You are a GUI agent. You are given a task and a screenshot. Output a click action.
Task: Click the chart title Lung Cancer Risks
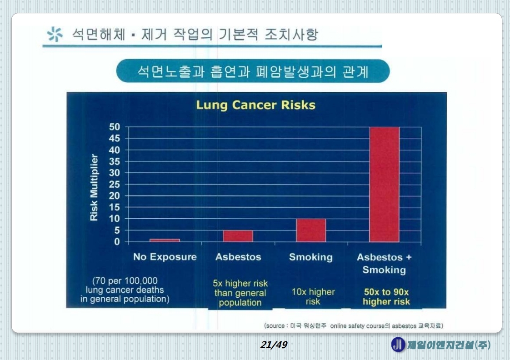255,105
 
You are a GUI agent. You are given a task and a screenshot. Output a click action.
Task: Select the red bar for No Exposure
165,240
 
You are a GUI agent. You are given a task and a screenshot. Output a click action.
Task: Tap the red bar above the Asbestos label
238,236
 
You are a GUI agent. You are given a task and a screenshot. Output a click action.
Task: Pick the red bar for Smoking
311,230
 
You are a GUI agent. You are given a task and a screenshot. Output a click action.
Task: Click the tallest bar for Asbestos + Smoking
384,184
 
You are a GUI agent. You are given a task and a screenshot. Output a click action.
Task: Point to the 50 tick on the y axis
114,127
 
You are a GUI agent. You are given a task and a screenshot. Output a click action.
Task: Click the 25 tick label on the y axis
114,184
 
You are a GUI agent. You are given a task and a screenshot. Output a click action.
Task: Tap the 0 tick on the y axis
117,242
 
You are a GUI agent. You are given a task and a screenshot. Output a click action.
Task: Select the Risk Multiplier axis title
94,187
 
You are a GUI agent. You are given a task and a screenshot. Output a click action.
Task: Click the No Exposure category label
165,257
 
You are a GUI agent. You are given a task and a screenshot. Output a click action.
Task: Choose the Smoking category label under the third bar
311,257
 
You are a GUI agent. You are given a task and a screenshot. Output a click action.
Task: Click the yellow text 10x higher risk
313,296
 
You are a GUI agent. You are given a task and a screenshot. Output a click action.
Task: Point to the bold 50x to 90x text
386,292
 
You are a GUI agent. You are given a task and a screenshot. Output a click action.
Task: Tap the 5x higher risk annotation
240,284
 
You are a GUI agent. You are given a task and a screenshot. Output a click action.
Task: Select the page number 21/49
274,345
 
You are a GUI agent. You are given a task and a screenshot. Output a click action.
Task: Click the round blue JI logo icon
398,345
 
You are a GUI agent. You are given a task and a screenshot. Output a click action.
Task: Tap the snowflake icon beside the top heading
55,35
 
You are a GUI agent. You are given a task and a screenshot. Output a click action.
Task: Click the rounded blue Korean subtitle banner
253,71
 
